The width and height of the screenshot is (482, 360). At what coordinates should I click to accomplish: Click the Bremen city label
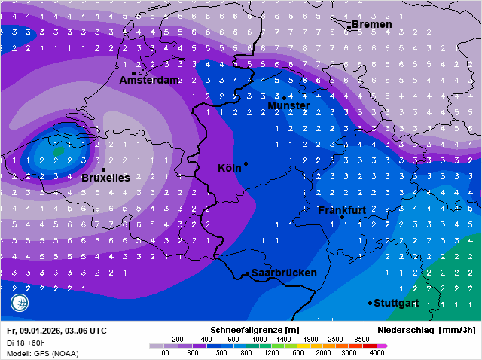pyautogui.click(x=372, y=25)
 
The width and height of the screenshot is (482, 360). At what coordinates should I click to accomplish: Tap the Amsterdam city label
pyautogui.click(x=149, y=80)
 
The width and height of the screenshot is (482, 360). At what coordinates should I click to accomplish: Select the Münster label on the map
pyautogui.click(x=288, y=106)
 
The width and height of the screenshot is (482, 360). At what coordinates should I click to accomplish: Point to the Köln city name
pyautogui.click(x=229, y=168)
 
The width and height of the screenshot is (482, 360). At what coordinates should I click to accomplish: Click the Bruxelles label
pyautogui.click(x=105, y=178)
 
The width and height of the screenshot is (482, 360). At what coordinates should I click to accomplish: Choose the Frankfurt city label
pyautogui.click(x=342, y=209)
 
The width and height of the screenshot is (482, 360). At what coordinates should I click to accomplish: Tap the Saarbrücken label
pyautogui.click(x=284, y=273)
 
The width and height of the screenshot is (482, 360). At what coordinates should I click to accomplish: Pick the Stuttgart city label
pyautogui.click(x=396, y=303)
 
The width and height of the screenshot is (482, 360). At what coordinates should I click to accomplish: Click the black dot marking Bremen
pyautogui.click(x=349, y=26)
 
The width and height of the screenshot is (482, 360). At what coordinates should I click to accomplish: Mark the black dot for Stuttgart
pyautogui.click(x=370, y=303)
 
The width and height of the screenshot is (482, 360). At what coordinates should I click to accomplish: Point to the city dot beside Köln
pyautogui.click(x=246, y=163)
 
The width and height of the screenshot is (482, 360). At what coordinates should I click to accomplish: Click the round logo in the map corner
pyautogui.click(x=20, y=303)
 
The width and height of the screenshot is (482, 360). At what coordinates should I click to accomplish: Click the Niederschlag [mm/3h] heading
pyautogui.click(x=426, y=330)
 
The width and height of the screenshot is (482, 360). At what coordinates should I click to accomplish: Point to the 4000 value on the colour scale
pyautogui.click(x=377, y=352)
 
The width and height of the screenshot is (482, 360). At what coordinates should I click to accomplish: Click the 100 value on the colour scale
pyautogui.click(x=163, y=352)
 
